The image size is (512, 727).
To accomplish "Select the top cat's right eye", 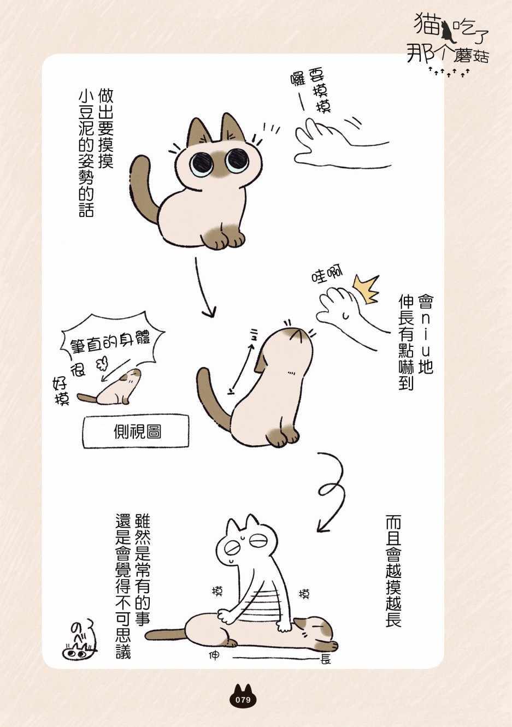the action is (x=237, y=159).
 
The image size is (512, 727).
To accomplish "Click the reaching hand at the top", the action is (x=341, y=144).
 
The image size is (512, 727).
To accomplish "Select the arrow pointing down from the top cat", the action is (x=204, y=287).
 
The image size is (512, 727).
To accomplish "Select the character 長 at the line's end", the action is (x=325, y=659).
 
